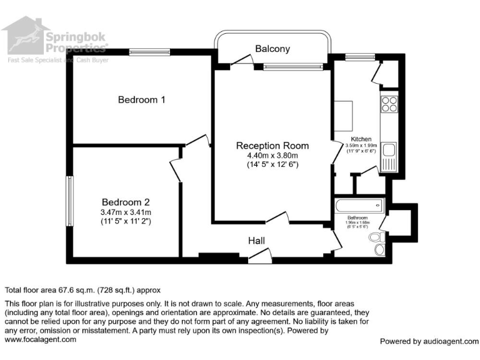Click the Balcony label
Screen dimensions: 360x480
tap(272, 49)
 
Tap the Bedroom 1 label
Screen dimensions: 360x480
tap(142, 99)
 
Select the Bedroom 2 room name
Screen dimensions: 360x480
tap(126, 202)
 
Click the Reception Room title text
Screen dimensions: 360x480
tap(272, 146)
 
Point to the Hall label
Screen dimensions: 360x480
tap(256, 241)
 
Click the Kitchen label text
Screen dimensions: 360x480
tap(361, 139)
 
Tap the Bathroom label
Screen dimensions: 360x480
tap(357, 218)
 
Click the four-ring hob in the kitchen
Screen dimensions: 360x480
tap(389, 104)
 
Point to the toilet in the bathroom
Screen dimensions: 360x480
tap(376, 238)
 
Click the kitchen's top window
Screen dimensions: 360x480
tap(356, 57)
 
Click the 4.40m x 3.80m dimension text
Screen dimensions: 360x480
tap(272, 156)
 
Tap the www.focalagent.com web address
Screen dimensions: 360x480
tap(41, 339)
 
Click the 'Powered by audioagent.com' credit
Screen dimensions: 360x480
tap(429, 341)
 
